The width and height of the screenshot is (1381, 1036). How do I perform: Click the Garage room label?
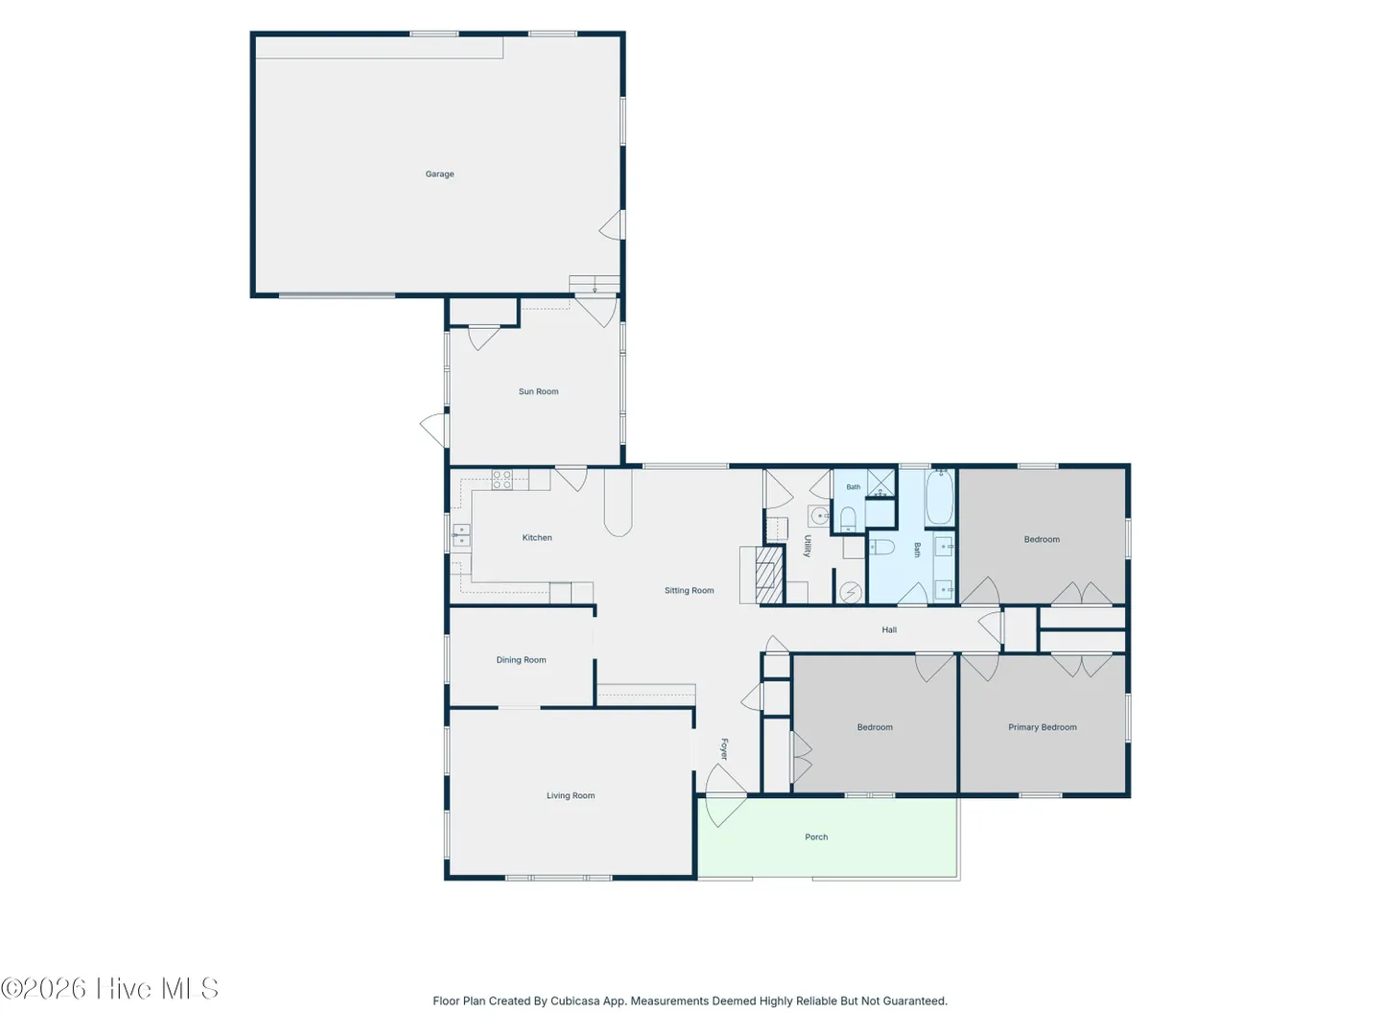[x=439, y=174]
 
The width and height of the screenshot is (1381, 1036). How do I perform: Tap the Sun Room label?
[x=538, y=391]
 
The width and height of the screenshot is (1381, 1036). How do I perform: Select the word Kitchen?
[x=537, y=537]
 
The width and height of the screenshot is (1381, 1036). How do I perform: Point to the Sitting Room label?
[x=689, y=590]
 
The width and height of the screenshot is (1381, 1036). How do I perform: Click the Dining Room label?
[x=521, y=660]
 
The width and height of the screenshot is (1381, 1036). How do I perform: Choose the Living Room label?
[x=570, y=795]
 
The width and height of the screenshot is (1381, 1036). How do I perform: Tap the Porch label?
[x=816, y=836]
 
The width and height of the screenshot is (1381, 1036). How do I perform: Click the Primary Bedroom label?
[x=1042, y=727]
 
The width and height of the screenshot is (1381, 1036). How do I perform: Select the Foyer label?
[x=724, y=748]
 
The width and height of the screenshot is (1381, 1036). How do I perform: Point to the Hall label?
[x=889, y=629]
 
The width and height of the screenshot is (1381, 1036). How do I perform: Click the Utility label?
[x=808, y=546]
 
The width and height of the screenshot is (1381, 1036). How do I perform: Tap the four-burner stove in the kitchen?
[x=502, y=480]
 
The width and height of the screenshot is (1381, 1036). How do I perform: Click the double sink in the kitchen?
[x=461, y=535]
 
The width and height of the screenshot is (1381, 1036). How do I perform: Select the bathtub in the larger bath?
[x=939, y=497]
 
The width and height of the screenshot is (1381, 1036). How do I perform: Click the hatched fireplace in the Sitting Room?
[x=769, y=575]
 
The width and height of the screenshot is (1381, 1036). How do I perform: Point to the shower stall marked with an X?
[x=880, y=483]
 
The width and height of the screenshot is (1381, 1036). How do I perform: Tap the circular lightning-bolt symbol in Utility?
[x=851, y=593]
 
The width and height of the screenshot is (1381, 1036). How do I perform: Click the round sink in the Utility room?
[x=820, y=516]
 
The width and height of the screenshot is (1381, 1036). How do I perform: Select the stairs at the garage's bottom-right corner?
[x=595, y=284]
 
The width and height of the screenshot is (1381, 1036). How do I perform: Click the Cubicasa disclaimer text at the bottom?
[x=690, y=1001]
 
